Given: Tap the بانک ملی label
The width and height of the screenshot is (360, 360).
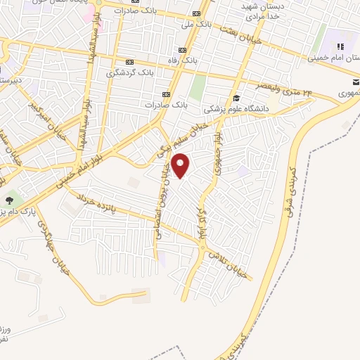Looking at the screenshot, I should (195, 25).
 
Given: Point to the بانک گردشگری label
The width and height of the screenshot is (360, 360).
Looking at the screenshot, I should (129, 72).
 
